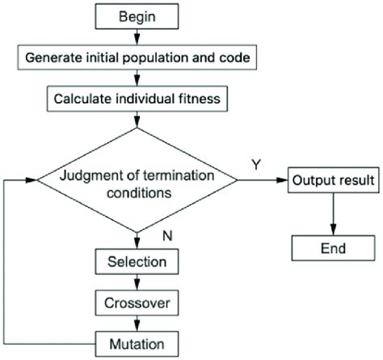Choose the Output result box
[332, 179]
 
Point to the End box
[332, 249]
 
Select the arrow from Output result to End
[332, 214]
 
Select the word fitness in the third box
[187, 100]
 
